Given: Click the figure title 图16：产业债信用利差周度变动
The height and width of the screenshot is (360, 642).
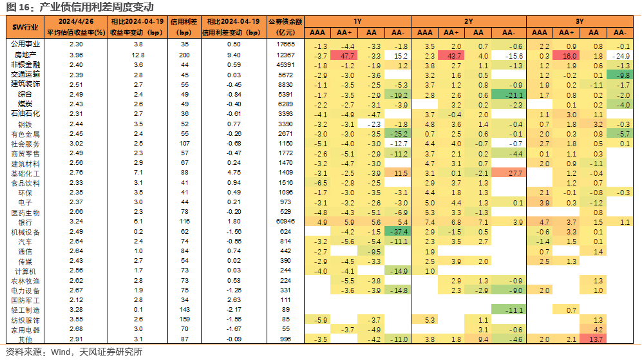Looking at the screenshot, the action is [80, 7].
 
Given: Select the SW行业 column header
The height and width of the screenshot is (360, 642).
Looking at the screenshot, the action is [25, 28].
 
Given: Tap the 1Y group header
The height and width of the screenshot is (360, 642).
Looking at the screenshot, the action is [357, 21].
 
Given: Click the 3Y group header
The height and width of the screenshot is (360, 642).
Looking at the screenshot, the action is [580, 21].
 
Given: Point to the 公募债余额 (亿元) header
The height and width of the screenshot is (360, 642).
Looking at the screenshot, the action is [285, 27].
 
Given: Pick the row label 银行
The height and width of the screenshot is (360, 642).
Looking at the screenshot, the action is [25, 222].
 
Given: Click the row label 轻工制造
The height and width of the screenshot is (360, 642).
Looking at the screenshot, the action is [25, 310].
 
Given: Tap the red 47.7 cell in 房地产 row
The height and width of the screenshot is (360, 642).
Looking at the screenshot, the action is [344, 55].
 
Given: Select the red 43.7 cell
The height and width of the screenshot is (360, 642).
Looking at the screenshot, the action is [451, 55].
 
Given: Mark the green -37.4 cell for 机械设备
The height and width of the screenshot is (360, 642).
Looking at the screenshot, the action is [397, 232].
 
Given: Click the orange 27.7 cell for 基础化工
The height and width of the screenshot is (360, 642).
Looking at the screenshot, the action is [508, 173].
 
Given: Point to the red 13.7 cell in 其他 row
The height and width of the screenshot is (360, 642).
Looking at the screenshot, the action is [593, 339].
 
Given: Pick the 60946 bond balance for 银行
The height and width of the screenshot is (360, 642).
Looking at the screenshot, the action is [285, 221].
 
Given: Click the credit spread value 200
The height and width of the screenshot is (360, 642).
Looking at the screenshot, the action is [184, 55].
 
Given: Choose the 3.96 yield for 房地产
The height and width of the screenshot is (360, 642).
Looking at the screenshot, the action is [76, 55].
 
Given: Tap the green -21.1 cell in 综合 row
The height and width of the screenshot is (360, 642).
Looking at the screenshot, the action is [508, 95].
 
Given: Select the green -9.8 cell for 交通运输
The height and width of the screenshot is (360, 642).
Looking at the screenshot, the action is [619, 75].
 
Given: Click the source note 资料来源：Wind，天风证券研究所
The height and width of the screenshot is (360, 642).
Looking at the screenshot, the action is [74, 352].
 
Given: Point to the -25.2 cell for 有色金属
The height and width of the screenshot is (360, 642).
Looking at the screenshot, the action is [397, 134].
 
